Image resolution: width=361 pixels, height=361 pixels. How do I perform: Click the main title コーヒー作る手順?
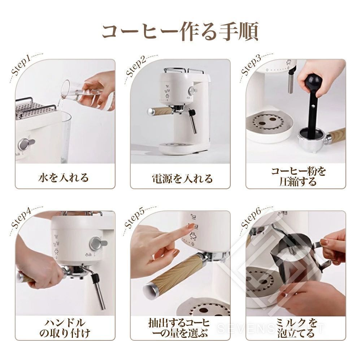click(180, 31)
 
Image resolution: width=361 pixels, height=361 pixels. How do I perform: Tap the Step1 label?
click(21, 65)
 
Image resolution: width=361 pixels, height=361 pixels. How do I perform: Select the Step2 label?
click(136, 66)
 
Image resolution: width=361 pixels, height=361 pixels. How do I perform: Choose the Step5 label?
click(134, 218)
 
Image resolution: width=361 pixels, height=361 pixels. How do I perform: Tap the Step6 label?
click(251, 218)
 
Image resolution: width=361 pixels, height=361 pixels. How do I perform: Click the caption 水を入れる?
click(63, 178)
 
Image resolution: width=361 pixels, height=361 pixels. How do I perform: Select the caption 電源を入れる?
click(182, 178)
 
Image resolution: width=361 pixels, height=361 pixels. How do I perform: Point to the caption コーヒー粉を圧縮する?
click(299, 177)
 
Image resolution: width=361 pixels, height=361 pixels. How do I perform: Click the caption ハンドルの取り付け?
click(65, 328)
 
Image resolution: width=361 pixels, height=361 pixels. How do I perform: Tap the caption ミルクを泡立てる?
click(296, 328)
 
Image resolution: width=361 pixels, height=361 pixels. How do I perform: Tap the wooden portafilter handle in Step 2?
click(160, 111)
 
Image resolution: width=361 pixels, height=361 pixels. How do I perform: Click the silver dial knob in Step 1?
click(26, 144)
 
